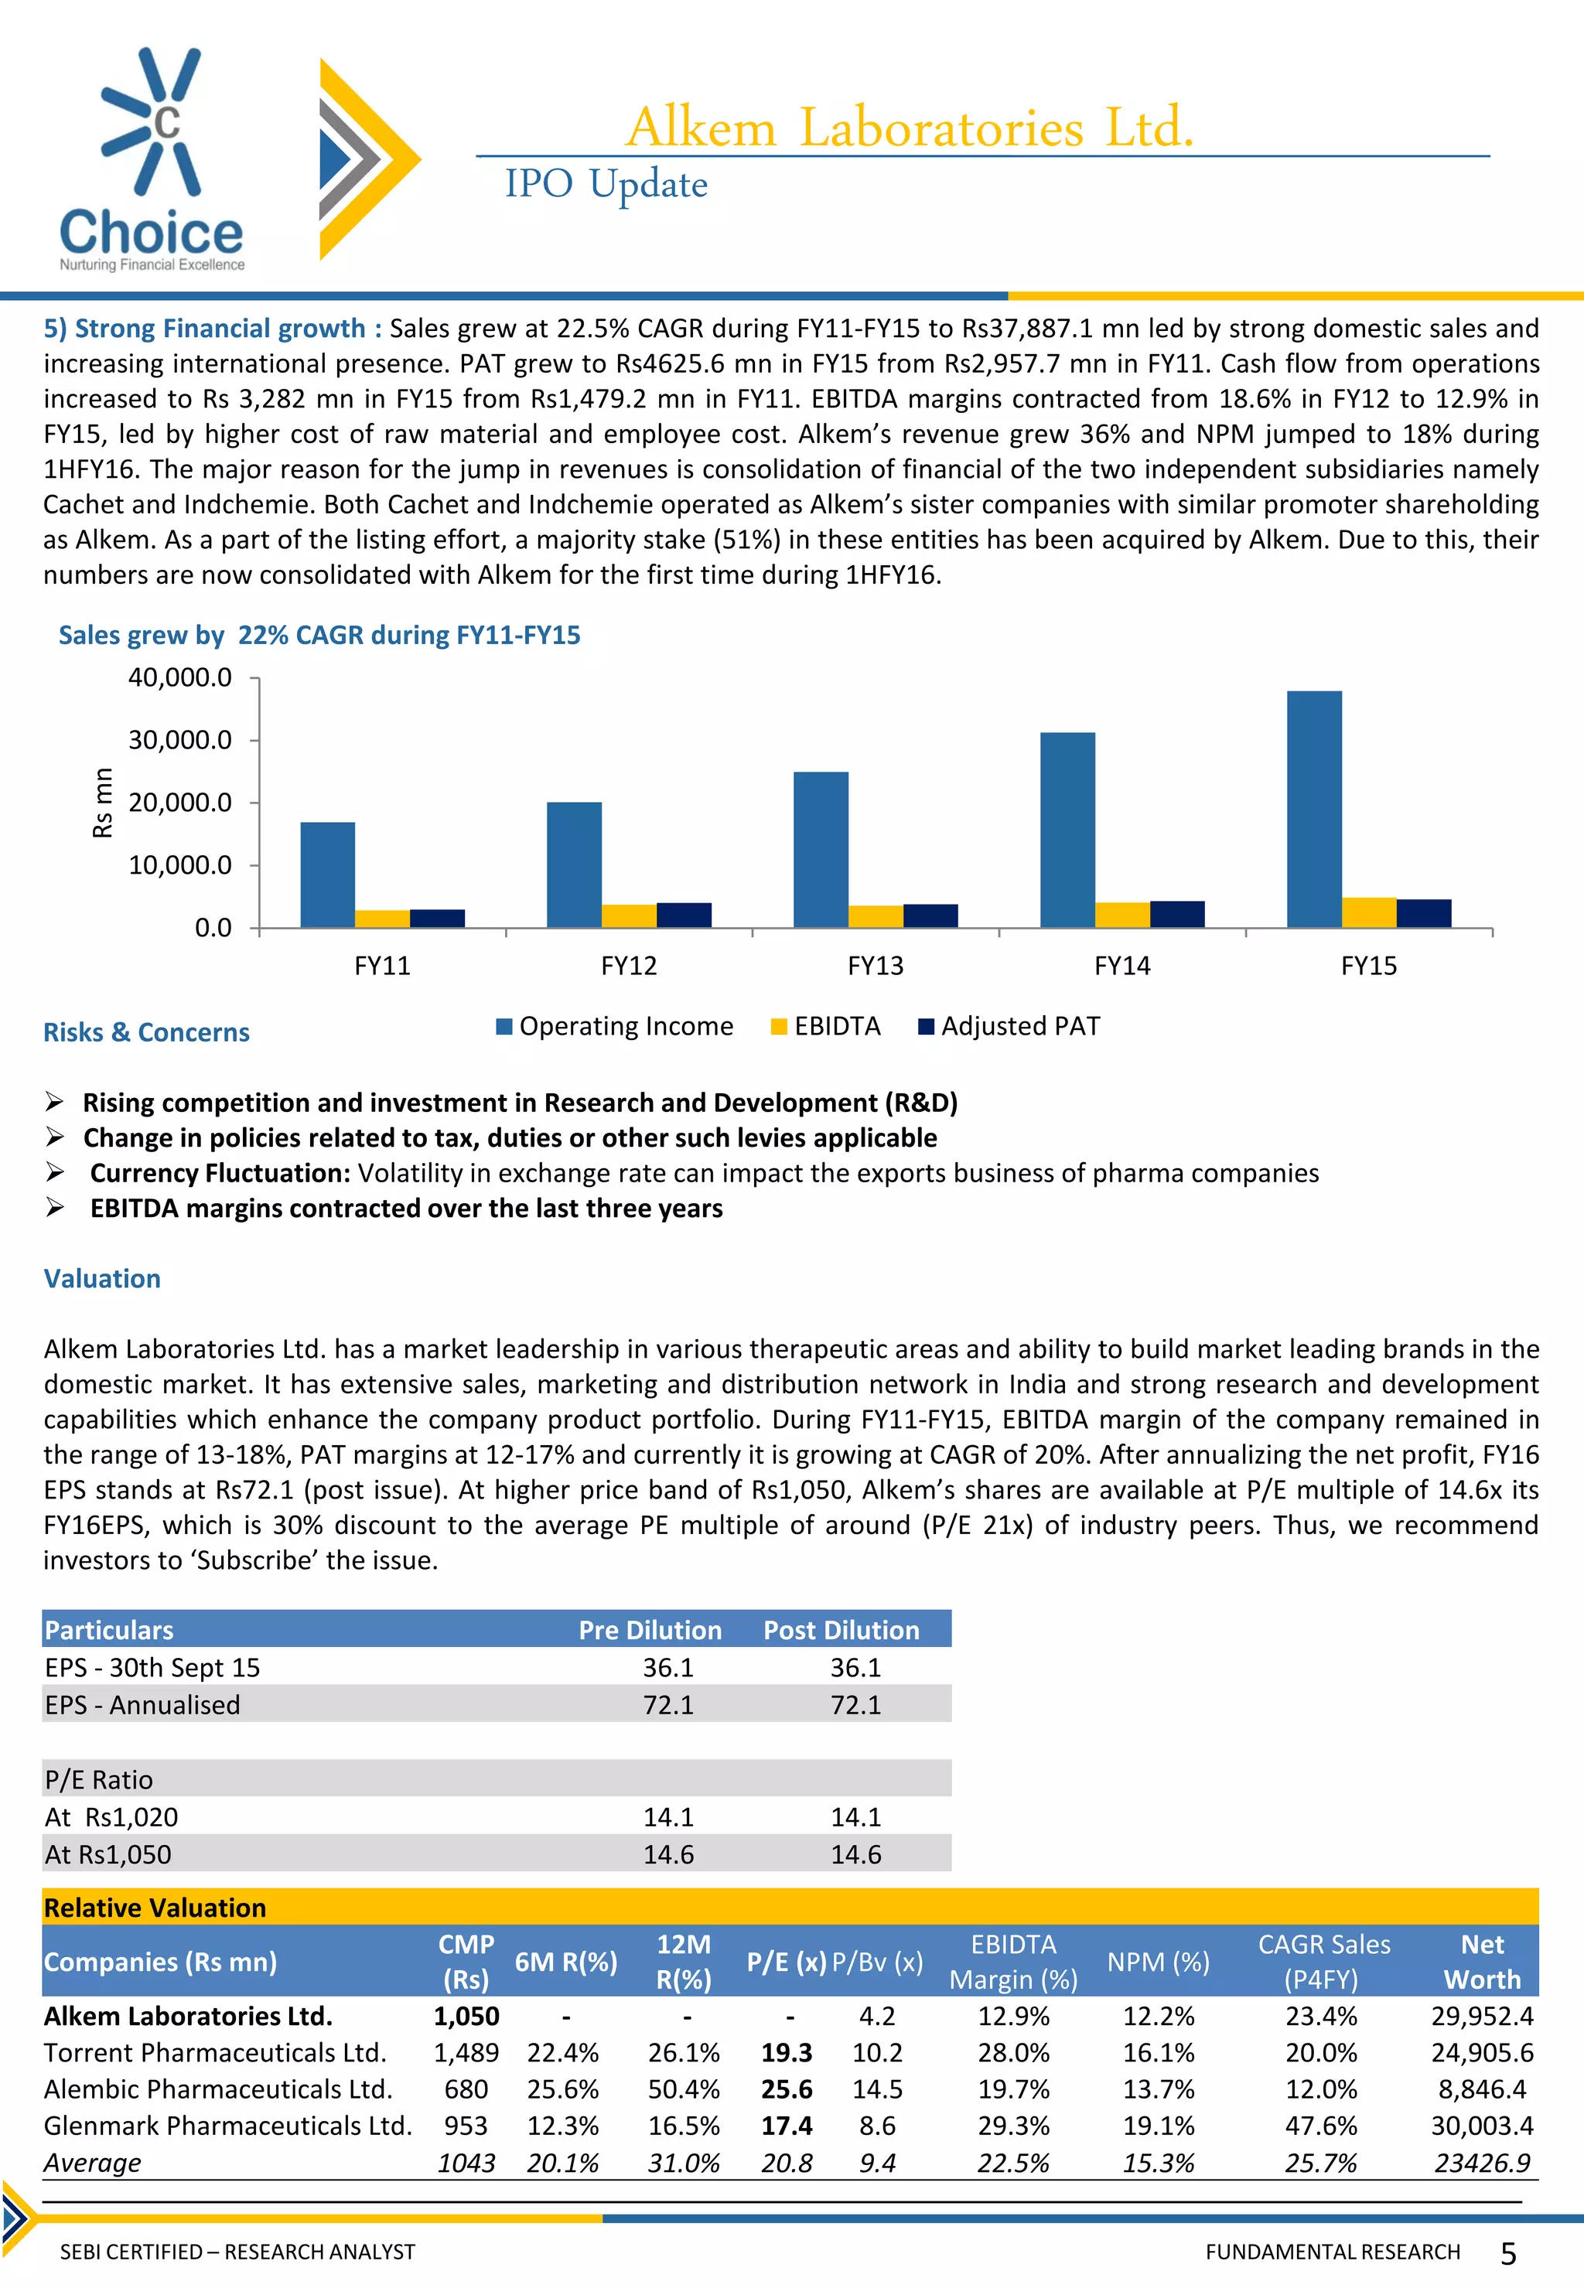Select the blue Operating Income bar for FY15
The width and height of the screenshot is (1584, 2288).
coord(1313,809)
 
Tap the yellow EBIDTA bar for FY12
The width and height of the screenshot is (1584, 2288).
coord(628,915)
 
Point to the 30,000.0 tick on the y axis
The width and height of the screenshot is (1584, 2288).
coord(179,740)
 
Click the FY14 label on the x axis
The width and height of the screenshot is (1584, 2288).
coord(1121,966)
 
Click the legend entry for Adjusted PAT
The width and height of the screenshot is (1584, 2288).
coord(1019,1026)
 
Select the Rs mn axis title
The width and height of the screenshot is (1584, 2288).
coord(102,802)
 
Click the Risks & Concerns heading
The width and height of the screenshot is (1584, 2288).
coord(146,1032)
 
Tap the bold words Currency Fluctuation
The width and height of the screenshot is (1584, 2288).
coord(220,1173)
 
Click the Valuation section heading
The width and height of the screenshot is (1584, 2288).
coord(102,1278)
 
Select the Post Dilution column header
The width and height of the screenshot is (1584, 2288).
coord(841,1630)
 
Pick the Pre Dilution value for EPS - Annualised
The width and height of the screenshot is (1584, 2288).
coord(668,1704)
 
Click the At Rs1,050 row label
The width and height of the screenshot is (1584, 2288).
coord(108,1854)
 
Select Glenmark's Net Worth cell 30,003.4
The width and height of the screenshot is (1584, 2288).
coord(1481,2126)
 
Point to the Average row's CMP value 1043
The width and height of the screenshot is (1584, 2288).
coord(466,2163)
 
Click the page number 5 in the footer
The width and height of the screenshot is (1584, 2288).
coord(1507,2254)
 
